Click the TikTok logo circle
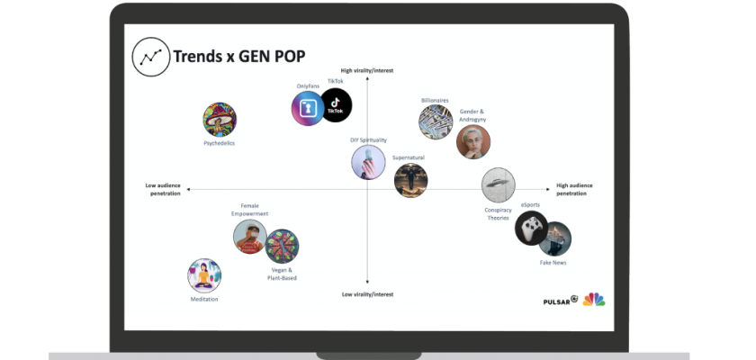point(336,104)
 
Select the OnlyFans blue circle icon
point(308,108)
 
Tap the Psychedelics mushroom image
point(220,121)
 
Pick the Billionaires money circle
point(436,121)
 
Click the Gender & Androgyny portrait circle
point(473,141)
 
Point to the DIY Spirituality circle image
point(368,162)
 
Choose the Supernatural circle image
point(410,180)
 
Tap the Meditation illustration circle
point(204,275)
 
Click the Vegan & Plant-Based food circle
point(282,246)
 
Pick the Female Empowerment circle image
point(249,238)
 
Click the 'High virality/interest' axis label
point(367,70)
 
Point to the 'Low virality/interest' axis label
point(367,294)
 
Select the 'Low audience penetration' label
point(163,189)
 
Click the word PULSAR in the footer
point(557,300)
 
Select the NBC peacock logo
point(594,299)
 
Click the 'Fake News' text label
point(553,262)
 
